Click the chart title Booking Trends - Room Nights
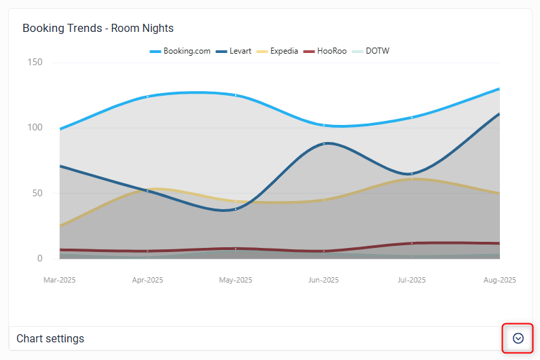coord(98,29)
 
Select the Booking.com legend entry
coord(180,51)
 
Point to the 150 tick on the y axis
coord(34,62)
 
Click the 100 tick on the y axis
coord(34,128)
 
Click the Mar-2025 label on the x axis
coord(60,280)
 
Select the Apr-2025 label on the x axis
coord(147,280)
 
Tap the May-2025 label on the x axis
coord(235,280)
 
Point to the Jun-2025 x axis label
coord(323,280)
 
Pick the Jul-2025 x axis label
coord(411,280)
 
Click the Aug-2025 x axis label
coord(499,280)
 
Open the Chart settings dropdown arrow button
coord(518,338)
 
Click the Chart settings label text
coord(50,338)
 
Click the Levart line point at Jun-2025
coord(324,143)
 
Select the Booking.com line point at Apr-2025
coord(147,96)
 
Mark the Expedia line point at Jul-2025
coord(412,179)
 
